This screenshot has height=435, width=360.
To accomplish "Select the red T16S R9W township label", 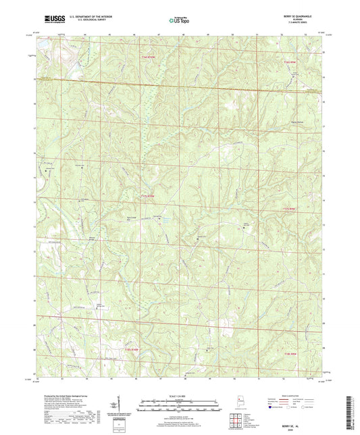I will (x=290, y=62).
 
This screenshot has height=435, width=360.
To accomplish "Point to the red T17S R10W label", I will (x=147, y=196).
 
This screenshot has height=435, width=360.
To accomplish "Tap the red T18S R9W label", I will (x=290, y=353).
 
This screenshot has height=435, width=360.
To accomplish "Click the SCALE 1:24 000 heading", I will (x=179, y=395).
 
